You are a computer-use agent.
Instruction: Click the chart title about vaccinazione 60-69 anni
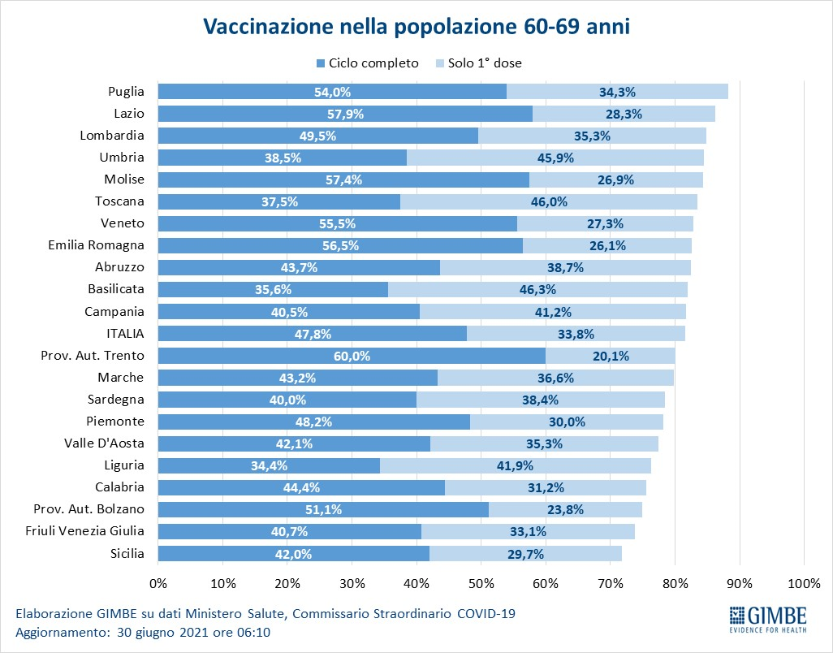(416, 26)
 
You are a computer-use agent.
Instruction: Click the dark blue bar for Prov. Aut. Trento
(352, 355)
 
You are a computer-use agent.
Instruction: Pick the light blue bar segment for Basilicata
(537, 289)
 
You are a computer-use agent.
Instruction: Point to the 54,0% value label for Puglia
(332, 92)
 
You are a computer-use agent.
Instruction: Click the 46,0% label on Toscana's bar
(548, 201)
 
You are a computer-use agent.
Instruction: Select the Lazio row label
(129, 114)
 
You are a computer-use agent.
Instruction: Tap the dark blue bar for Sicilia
(293, 553)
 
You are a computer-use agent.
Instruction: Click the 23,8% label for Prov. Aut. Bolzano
(565, 509)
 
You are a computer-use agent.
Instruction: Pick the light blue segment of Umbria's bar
(555, 158)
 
